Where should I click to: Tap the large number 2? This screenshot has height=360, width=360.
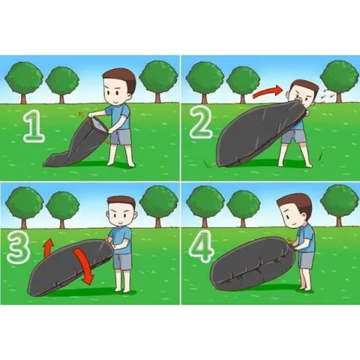pyautogui.click(x=201, y=123)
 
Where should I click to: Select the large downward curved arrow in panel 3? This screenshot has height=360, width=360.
pyautogui.click(x=84, y=266)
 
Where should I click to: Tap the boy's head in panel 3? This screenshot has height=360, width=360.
pyautogui.click(x=121, y=211)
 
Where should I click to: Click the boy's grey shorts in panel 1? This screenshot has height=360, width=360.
pyautogui.click(x=121, y=136)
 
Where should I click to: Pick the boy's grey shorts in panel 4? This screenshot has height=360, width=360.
pyautogui.click(x=306, y=260)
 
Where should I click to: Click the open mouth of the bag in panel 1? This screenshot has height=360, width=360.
pyautogui.click(x=98, y=124)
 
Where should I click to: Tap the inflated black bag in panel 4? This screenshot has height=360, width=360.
pyautogui.click(x=253, y=264)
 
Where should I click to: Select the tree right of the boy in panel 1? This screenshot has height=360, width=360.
pyautogui.click(x=158, y=80)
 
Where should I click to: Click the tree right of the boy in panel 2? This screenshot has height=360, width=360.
pyautogui.click(x=339, y=80)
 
